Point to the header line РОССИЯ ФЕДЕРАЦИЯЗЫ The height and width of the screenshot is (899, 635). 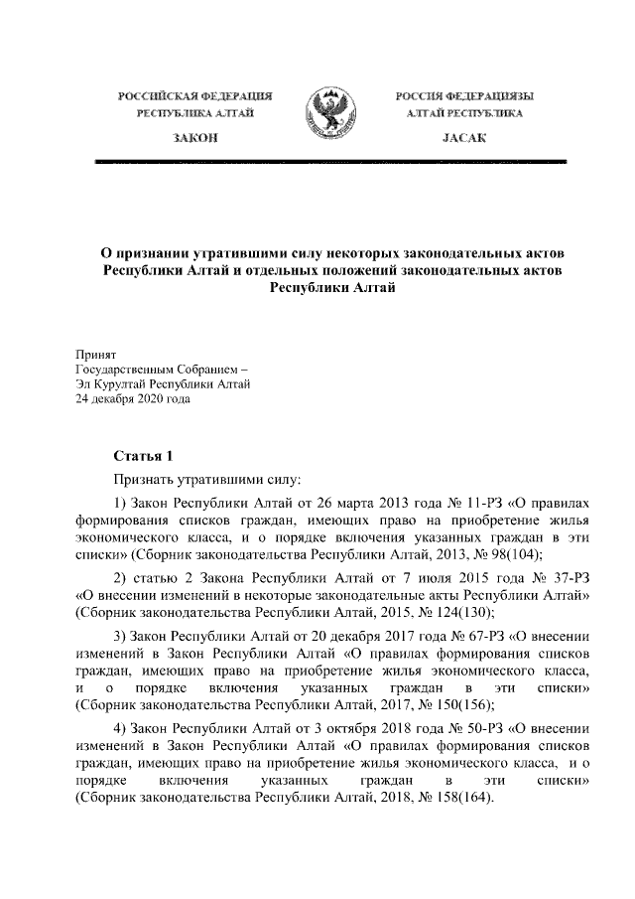(x=463, y=96)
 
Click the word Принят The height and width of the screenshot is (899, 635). (x=96, y=354)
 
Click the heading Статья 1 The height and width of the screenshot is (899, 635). (x=143, y=456)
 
